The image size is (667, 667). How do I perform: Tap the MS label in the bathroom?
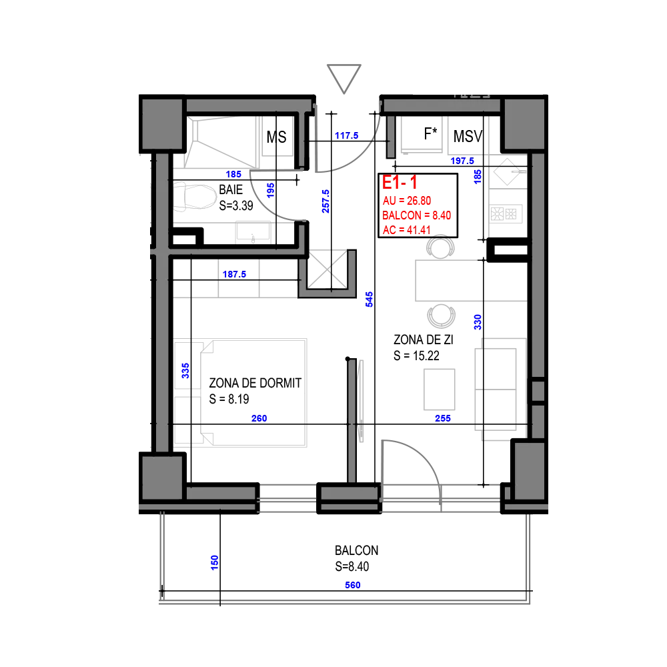(x=277, y=137)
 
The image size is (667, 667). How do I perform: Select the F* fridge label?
(x=430, y=133)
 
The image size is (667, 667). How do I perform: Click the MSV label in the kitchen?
(x=468, y=137)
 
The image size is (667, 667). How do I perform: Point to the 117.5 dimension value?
(x=346, y=135)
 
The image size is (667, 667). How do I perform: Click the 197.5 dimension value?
(x=462, y=161)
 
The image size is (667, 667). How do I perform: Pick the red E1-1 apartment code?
(x=400, y=183)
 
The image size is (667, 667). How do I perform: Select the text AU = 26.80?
(x=407, y=201)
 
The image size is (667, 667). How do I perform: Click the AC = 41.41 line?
(x=407, y=230)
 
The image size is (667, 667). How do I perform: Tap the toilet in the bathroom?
(x=194, y=197)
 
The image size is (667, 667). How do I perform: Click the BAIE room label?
(x=231, y=189)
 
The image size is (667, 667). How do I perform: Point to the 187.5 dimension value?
(x=234, y=274)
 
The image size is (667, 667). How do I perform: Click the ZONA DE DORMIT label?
(x=255, y=384)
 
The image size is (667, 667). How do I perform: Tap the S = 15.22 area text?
(x=416, y=356)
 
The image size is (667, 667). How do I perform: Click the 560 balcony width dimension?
(x=353, y=586)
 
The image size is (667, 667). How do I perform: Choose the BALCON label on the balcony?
(x=356, y=550)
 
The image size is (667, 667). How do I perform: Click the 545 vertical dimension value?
(x=370, y=299)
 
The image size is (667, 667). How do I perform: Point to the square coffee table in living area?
(x=440, y=390)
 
